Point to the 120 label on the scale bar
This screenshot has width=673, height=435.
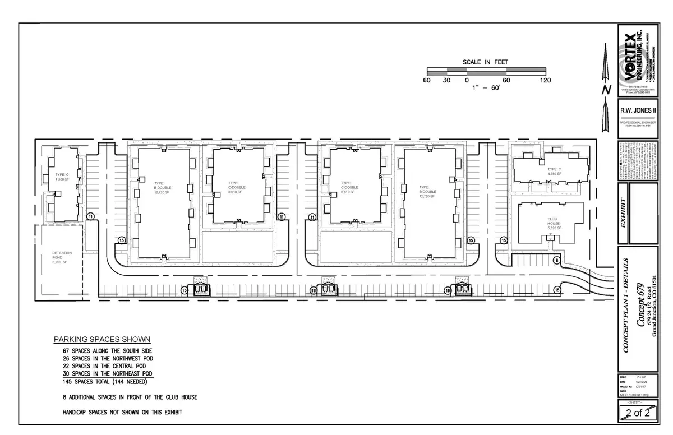pyautogui.click(x=545, y=80)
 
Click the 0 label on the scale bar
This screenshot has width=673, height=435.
pyautogui.click(x=467, y=80)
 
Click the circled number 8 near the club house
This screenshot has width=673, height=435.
pyautogui.click(x=556, y=260)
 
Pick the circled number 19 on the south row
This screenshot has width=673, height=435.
pyautogui.click(x=448, y=290)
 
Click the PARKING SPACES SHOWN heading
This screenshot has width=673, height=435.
pyautogui.click(x=102, y=339)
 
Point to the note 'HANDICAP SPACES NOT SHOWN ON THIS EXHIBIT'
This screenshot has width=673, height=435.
pyautogui.click(x=123, y=412)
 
